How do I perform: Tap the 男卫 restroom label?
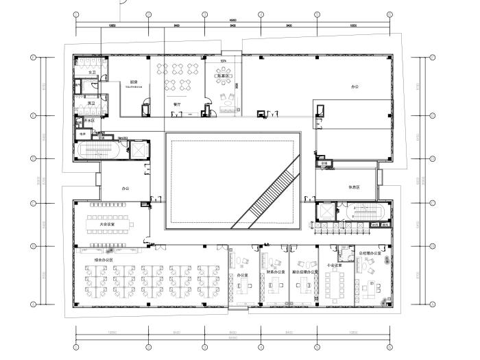click(x=92, y=104)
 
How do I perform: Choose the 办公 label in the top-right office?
click(x=355, y=88)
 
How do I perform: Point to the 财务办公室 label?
click(x=274, y=272)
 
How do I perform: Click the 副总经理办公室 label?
click(x=304, y=272)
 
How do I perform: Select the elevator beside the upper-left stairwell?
click(x=136, y=149)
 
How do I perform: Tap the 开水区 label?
click(x=89, y=119)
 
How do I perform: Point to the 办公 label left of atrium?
click(x=125, y=187)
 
